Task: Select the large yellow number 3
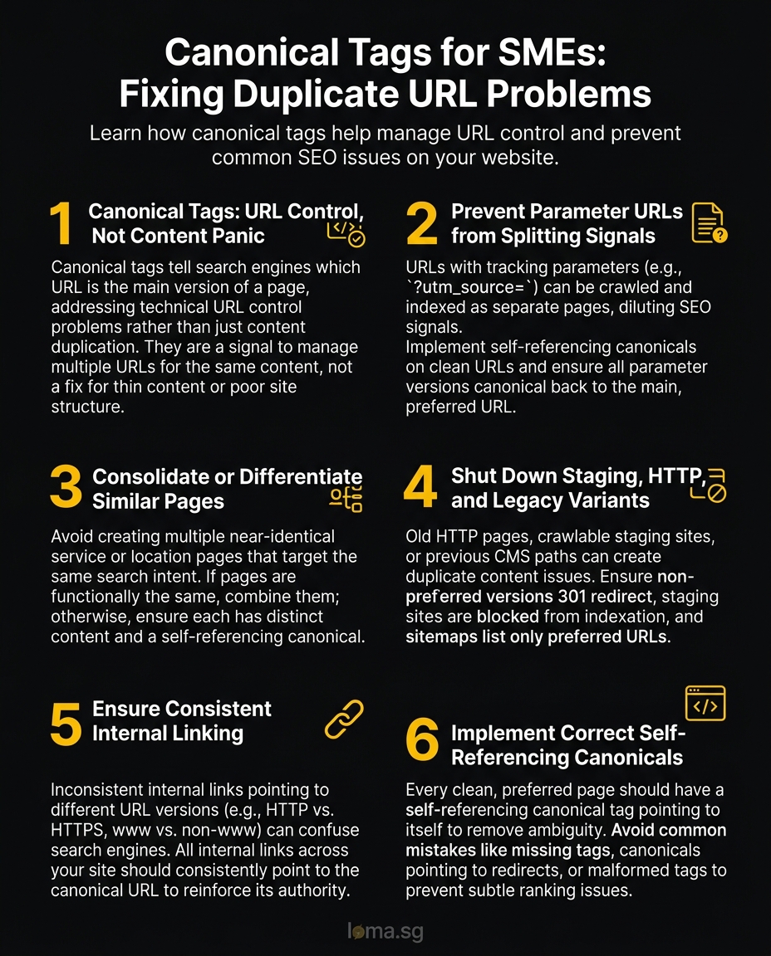coord(65,488)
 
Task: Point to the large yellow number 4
coord(420,488)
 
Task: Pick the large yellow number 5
coord(65,721)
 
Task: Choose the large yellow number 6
coord(421,741)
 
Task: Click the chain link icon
coord(344,719)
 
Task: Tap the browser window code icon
coord(705,704)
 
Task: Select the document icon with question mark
coord(709,223)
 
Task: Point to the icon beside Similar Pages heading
coord(346,499)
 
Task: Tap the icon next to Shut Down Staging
coord(709,486)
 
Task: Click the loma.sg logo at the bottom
coord(385,931)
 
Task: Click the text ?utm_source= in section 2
coord(469,287)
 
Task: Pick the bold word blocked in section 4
coord(506,617)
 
